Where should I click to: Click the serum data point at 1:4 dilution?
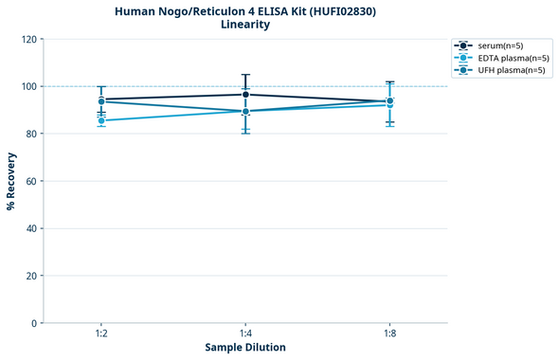click(245, 94)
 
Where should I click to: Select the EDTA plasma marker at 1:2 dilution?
click(101, 120)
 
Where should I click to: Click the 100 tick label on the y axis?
click(29, 86)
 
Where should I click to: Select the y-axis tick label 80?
click(32, 134)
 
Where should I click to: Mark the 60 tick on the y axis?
click(32, 181)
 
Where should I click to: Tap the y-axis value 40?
click(32, 228)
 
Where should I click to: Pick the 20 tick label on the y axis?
click(32, 276)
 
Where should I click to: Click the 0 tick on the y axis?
click(35, 323)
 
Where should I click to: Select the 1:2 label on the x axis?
click(101, 334)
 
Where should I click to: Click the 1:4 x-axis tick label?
click(245, 334)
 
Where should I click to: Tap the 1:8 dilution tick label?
click(389, 334)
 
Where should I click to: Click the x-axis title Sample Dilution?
click(245, 348)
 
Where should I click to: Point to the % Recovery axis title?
click(11, 181)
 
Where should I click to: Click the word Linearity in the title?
click(244, 25)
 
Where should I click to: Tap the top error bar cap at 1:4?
click(245, 75)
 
